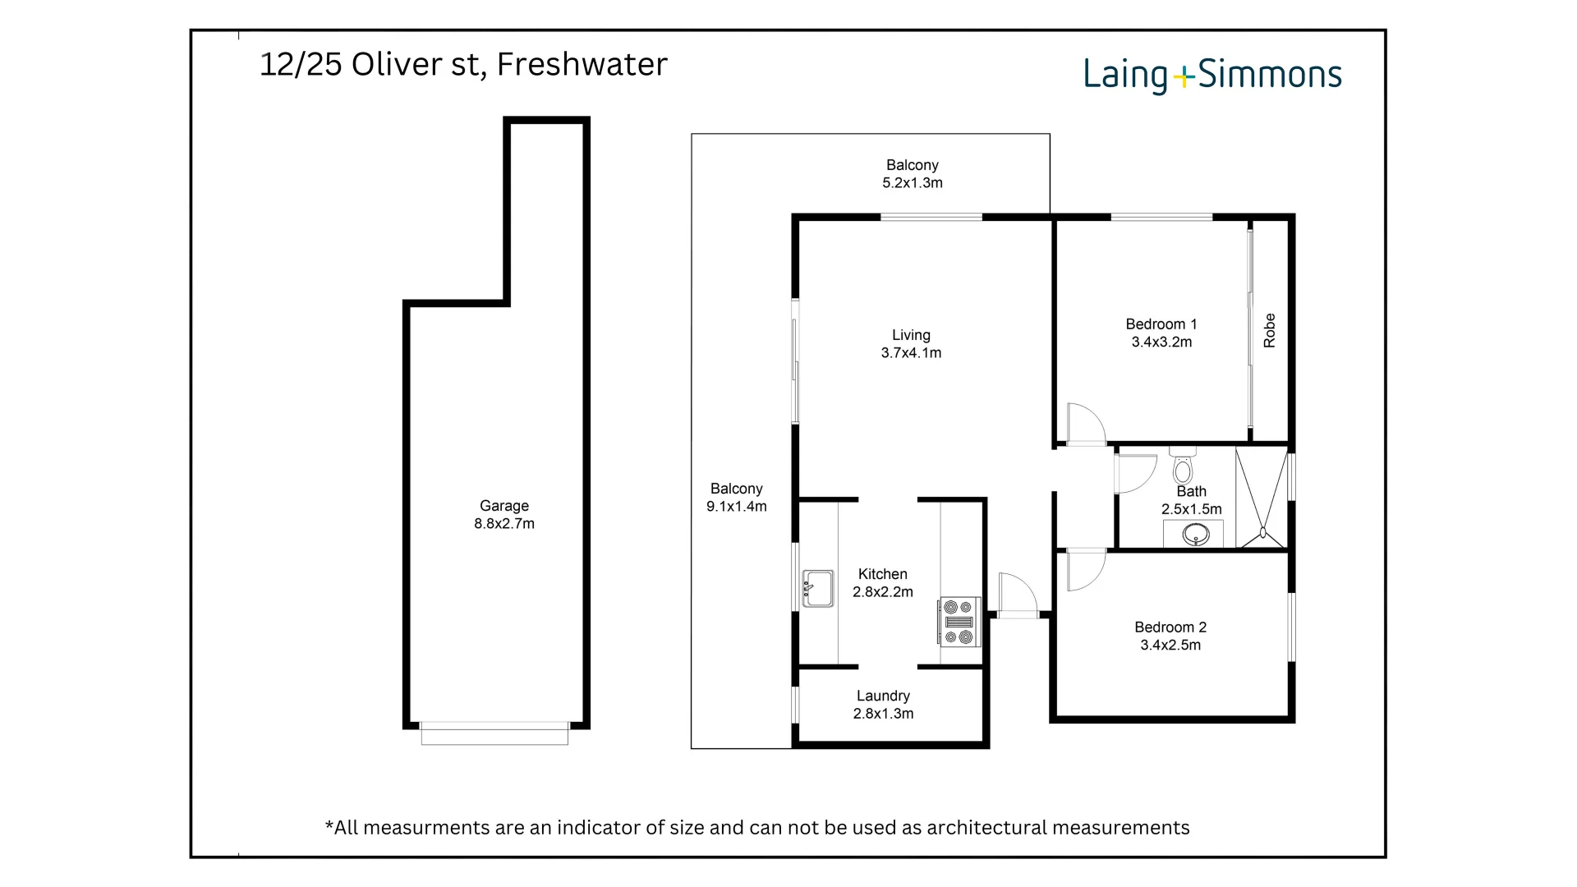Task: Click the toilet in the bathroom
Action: (1183, 467)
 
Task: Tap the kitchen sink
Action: (817, 588)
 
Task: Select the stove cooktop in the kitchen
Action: (959, 622)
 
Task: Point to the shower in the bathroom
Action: (1261, 498)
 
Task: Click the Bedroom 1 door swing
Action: (1085, 423)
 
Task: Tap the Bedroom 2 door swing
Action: (1085, 571)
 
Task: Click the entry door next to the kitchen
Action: (1017, 594)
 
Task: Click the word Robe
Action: (1269, 330)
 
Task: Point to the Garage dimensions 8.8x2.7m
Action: (504, 524)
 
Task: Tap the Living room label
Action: (911, 335)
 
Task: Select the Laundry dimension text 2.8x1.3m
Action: (883, 714)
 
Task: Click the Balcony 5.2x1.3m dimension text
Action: (912, 183)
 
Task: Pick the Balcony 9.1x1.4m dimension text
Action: (736, 507)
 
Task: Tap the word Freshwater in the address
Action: (582, 64)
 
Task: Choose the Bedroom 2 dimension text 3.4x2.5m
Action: (1170, 646)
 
